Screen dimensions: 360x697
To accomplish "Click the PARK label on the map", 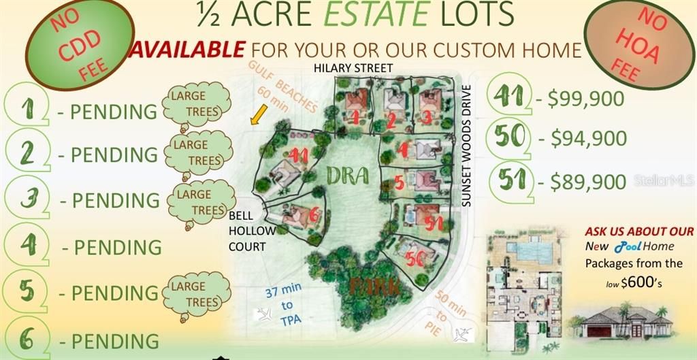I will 374,287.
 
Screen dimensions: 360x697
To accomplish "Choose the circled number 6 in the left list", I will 26,339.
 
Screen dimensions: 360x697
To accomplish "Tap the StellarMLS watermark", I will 664,181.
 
